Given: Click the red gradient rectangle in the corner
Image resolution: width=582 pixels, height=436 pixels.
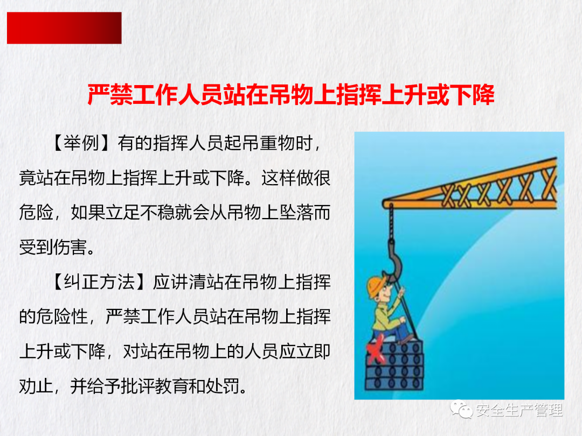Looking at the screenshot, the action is click(64, 28).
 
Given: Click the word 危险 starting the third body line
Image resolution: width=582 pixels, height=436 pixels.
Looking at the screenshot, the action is click(37, 213).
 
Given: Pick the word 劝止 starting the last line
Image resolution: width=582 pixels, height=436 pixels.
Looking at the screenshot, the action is click(37, 386).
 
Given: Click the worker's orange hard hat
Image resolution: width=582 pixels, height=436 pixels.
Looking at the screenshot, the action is click(376, 285).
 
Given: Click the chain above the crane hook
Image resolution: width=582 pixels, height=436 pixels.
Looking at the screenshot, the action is click(391, 222).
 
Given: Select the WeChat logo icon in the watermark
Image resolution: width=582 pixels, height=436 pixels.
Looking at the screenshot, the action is click(461, 409).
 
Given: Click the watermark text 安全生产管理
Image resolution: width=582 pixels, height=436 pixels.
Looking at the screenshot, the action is click(519, 410).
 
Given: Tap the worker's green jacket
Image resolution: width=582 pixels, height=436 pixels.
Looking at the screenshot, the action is click(384, 315).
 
